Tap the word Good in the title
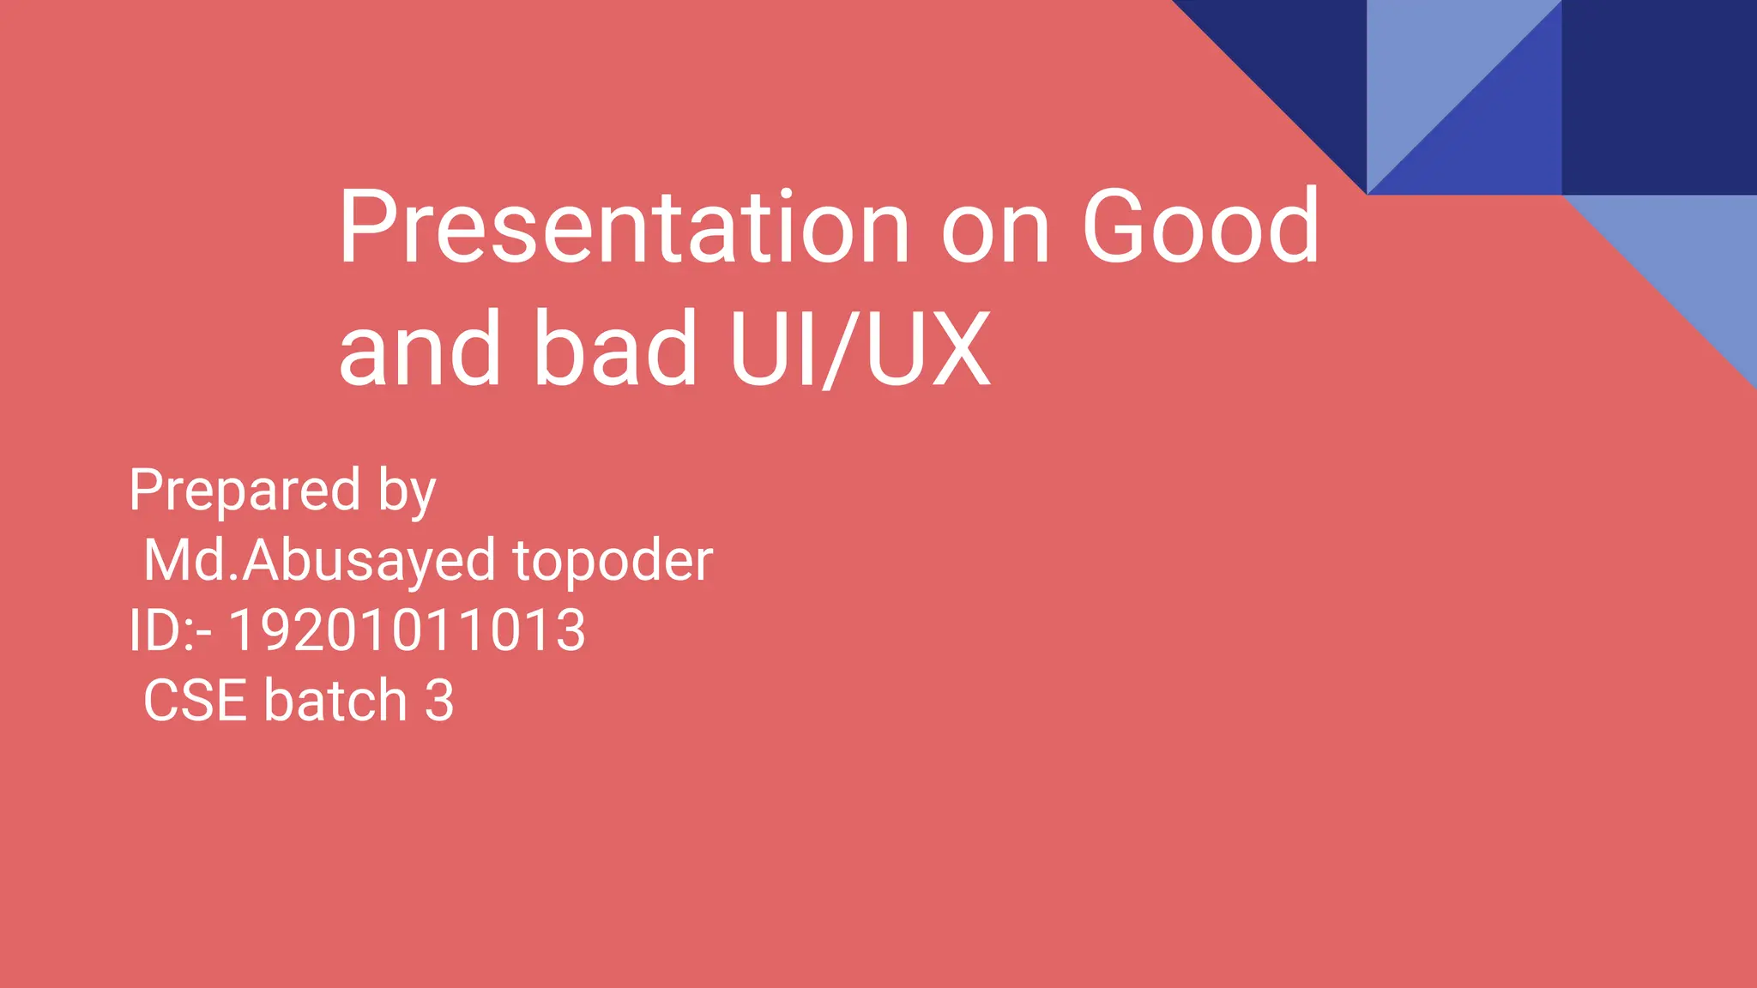(1199, 227)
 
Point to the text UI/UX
(860, 350)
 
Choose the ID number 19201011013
(407, 631)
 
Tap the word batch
(335, 701)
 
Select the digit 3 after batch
(439, 701)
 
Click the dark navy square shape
(1659, 97)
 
